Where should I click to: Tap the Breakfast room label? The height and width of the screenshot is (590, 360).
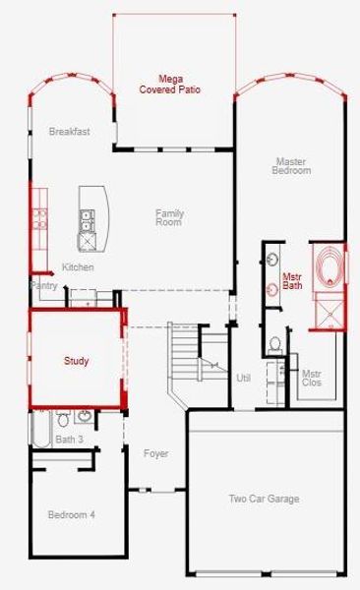(x=70, y=132)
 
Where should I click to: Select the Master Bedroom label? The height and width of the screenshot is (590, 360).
(x=292, y=165)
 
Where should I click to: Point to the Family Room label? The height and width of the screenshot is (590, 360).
(x=169, y=217)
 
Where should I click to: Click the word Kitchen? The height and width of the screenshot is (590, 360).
(x=78, y=267)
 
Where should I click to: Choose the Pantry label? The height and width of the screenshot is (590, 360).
(x=44, y=286)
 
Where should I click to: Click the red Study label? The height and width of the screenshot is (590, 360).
(x=77, y=362)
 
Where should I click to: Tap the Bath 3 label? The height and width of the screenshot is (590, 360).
(x=69, y=440)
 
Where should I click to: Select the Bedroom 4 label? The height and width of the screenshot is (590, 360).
(x=72, y=514)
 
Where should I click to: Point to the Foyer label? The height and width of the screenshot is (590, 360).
(x=155, y=454)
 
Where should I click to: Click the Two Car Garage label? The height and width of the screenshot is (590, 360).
(x=264, y=500)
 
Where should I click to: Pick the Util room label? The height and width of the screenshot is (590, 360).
(x=244, y=378)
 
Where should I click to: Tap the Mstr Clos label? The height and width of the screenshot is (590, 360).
(x=312, y=379)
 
